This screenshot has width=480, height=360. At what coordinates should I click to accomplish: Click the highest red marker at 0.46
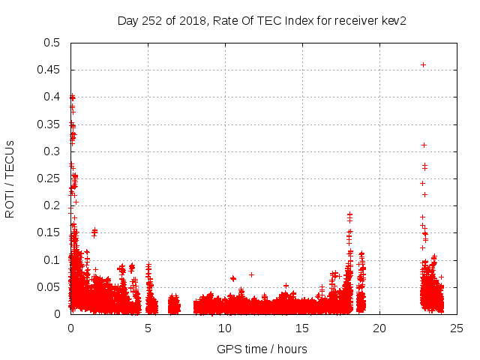[x=423, y=64]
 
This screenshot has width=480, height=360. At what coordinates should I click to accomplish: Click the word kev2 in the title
[x=391, y=20]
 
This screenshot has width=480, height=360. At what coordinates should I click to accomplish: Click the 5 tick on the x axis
[x=148, y=328]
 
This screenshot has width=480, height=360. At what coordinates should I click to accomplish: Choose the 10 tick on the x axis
[x=225, y=328]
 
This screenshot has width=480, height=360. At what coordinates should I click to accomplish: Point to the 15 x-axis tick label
[x=302, y=328]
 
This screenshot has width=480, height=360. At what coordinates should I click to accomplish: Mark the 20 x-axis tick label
[x=379, y=328]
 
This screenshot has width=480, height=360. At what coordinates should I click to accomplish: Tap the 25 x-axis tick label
[x=457, y=328]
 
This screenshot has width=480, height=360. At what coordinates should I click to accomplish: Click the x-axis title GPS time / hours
[x=262, y=349]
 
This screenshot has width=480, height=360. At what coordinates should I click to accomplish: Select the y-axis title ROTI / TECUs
[x=10, y=178]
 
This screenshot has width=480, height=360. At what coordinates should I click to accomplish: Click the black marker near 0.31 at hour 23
[x=424, y=145]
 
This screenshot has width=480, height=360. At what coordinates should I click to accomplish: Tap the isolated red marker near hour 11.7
[x=251, y=274]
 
